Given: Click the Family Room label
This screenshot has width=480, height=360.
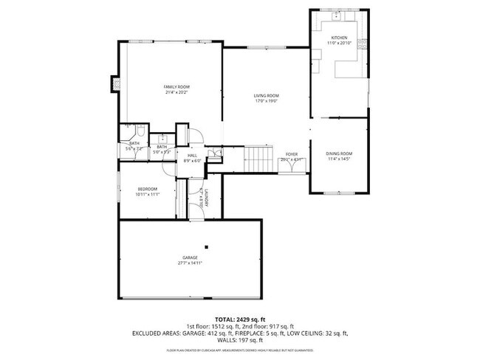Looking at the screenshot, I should tap(171, 87).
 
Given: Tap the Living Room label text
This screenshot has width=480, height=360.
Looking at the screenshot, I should tap(266, 96).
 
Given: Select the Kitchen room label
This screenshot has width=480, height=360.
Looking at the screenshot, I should tap(339, 38).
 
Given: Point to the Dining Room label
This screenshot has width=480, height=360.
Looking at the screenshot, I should tap(339, 153).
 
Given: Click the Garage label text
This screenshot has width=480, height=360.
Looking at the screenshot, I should tap(190, 257).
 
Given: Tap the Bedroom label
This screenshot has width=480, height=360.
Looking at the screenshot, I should tap(147, 190).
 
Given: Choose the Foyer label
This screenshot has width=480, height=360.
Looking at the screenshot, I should tap(292, 154).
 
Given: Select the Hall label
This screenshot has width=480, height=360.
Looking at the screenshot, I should tap(192, 156).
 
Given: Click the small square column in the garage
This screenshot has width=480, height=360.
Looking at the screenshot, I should tap(207, 246).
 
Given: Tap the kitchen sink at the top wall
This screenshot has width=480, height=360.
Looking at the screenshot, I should tap(336, 15).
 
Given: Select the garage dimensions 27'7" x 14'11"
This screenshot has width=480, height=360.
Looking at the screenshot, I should tap(190, 263).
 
